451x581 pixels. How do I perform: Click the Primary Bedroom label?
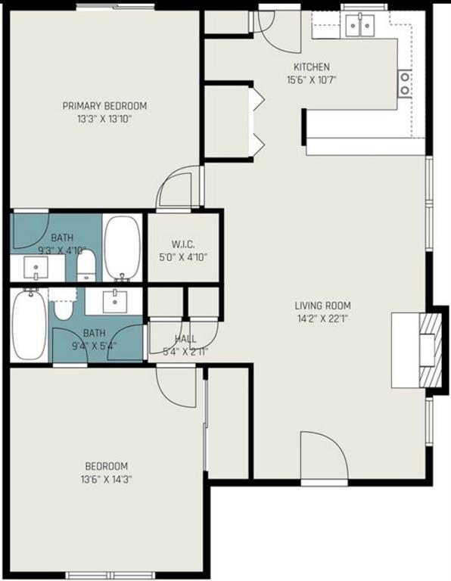[104, 106]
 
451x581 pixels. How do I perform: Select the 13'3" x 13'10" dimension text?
[104, 119]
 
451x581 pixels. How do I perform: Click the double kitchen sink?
[359, 27]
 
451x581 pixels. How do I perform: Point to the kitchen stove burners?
[405, 82]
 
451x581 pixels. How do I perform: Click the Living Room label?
[322, 306]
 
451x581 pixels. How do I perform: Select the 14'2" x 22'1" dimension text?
[322, 318]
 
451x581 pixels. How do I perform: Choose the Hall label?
[185, 338]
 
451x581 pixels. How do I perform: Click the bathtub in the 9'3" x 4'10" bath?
[122, 248]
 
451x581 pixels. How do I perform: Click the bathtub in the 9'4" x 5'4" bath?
[29, 325]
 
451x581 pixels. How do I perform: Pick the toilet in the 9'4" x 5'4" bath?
[63, 309]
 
